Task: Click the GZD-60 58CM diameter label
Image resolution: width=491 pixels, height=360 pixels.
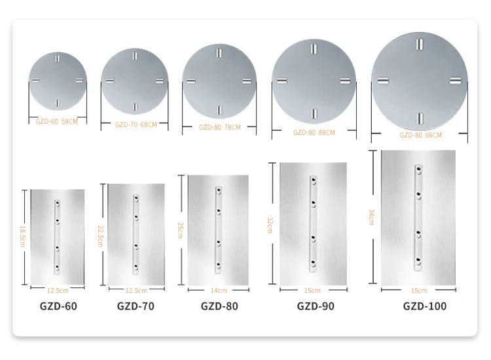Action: [57, 121]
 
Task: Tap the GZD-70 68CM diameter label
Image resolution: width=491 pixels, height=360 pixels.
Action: [136, 124]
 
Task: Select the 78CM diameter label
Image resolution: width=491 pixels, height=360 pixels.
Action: [220, 127]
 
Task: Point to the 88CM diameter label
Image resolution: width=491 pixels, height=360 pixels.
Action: [314, 132]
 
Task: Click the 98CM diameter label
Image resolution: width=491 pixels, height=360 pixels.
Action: [420, 135]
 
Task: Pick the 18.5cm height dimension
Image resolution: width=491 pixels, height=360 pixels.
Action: [22, 236]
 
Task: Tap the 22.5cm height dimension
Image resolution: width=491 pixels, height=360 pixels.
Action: [100, 236]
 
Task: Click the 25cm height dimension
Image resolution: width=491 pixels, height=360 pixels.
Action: [180, 230]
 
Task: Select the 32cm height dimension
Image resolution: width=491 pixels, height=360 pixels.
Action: [270, 225]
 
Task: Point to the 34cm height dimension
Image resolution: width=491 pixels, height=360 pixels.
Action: [371, 217]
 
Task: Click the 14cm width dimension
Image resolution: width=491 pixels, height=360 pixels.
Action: [219, 291]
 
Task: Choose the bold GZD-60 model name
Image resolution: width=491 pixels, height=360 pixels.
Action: [58, 306]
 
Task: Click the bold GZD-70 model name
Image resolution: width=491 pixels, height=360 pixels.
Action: [136, 306]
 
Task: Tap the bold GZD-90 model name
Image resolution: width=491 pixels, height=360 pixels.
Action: [316, 306]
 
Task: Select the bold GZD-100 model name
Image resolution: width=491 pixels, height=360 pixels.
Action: [425, 306]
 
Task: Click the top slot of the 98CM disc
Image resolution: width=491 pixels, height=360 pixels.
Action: [420, 44]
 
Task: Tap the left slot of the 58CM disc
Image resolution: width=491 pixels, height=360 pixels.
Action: [35, 81]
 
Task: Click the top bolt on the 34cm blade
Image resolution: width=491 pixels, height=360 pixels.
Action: [419, 170]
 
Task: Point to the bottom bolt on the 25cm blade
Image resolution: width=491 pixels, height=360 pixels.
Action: [219, 266]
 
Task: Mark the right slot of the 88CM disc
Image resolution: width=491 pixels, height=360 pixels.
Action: [346, 81]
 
